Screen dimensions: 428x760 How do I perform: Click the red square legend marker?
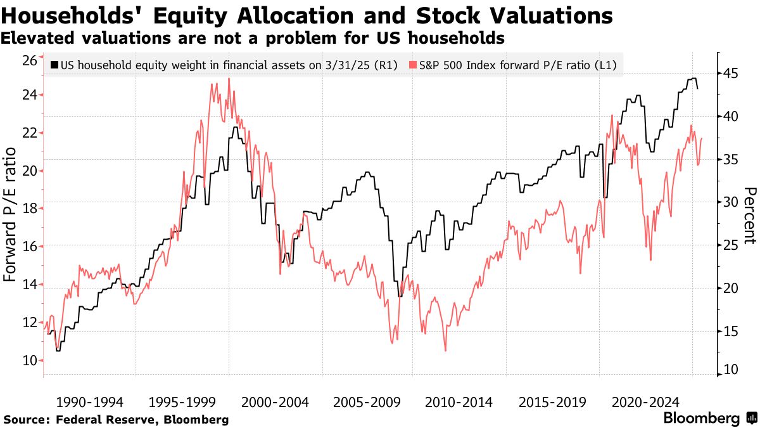pyautogui.click(x=414, y=65)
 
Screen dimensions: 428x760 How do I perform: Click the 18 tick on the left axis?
pyautogui.click(x=28, y=209)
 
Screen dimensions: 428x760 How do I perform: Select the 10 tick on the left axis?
pyautogui.click(x=28, y=361)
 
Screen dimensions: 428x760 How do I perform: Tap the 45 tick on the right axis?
pyautogui.click(x=731, y=74)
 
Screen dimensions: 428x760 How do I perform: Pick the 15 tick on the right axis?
pyautogui.click(x=731, y=332)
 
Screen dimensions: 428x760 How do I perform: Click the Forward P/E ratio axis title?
pyautogui.click(x=11, y=214)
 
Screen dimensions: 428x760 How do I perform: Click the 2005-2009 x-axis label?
pyautogui.click(x=365, y=402)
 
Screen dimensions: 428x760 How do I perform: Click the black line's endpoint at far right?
pyautogui.click(x=698, y=88)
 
